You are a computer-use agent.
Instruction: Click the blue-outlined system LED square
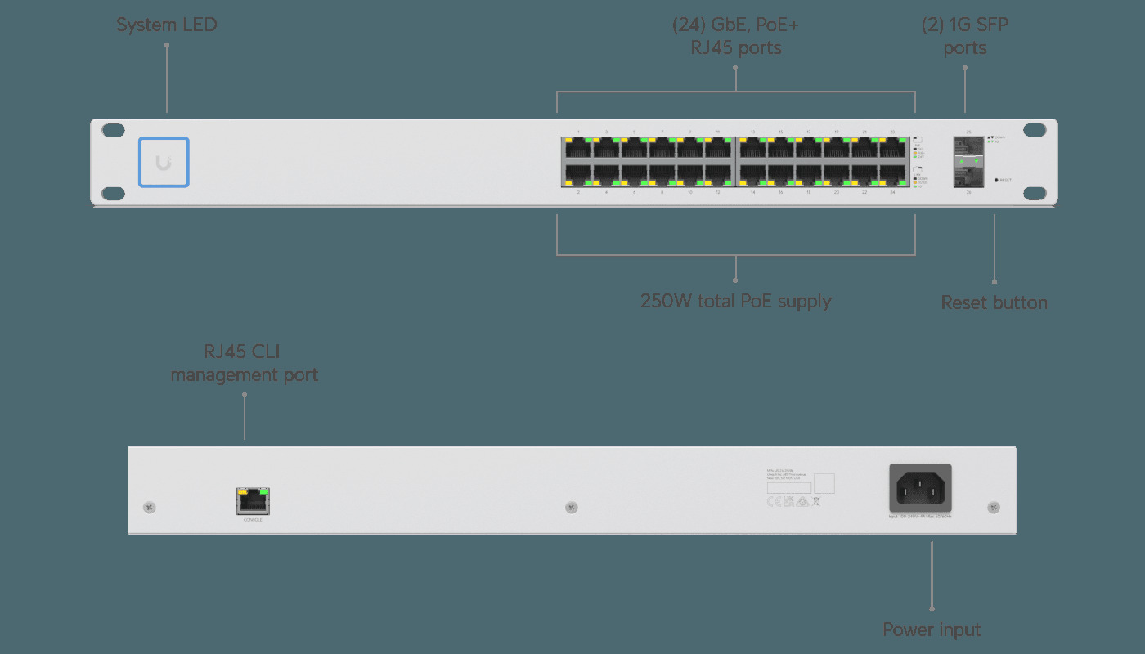click(164, 162)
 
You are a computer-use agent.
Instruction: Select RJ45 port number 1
click(578, 149)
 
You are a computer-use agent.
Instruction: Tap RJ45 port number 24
click(892, 175)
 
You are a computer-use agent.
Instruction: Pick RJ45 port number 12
click(717, 175)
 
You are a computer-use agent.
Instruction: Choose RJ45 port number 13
click(753, 149)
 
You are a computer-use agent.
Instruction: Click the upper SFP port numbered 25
click(969, 148)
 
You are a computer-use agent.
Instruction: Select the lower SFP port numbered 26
click(969, 175)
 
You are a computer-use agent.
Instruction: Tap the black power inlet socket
click(920, 488)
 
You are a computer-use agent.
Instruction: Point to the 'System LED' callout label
click(167, 25)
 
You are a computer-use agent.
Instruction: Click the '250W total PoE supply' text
click(735, 301)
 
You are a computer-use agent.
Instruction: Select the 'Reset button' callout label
click(994, 302)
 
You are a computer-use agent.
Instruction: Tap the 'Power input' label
click(932, 629)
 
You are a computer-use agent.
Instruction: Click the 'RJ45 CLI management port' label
click(244, 364)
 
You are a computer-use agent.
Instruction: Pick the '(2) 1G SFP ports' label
click(965, 36)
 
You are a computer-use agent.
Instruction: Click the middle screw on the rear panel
click(572, 508)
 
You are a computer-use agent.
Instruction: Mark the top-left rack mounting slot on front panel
click(114, 130)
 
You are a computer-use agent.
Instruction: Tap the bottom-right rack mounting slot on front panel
click(1035, 193)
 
